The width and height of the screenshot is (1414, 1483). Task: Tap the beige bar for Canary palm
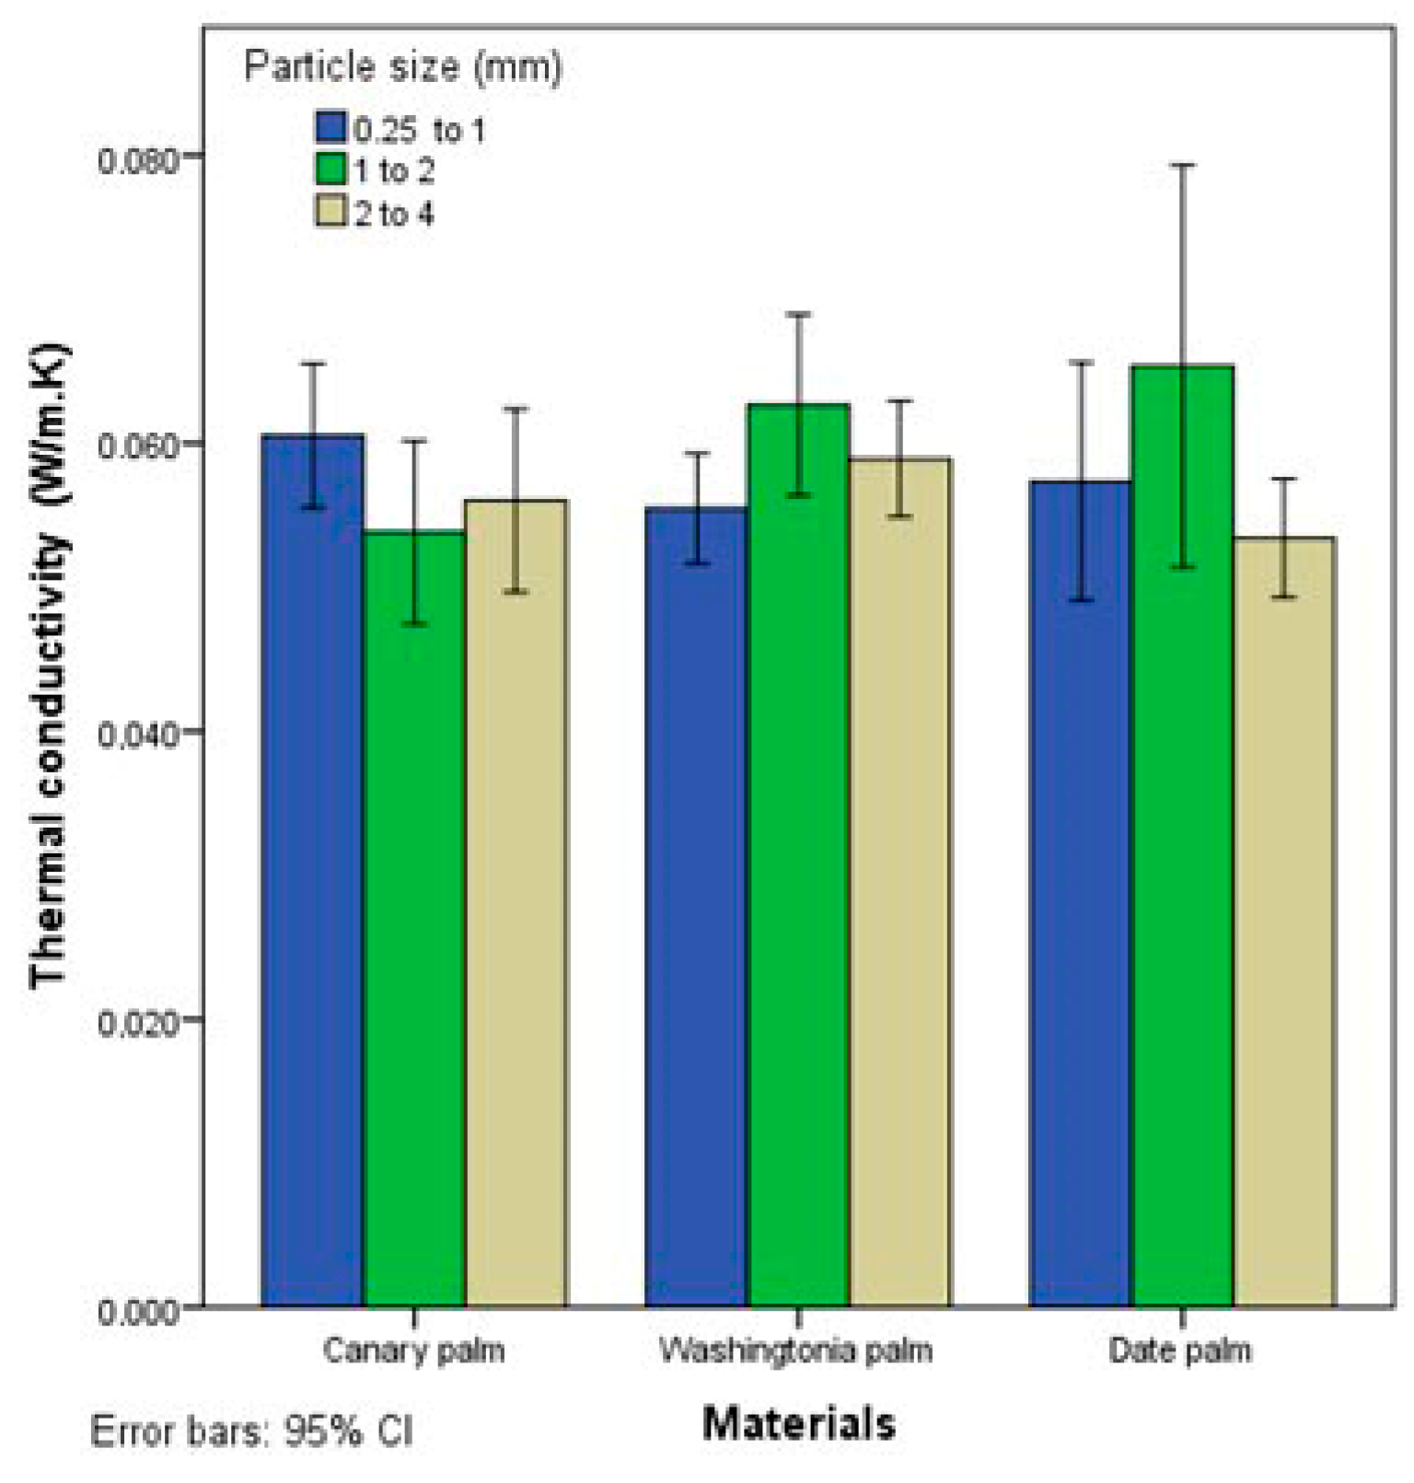click(516, 902)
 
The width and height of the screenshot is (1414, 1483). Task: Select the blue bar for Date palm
click(1080, 893)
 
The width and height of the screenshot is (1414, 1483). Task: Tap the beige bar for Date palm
click(1283, 921)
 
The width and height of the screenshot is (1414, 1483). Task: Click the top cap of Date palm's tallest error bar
click(1182, 165)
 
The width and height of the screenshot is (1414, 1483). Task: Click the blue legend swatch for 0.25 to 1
click(330, 127)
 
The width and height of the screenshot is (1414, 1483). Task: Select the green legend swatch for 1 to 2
click(330, 169)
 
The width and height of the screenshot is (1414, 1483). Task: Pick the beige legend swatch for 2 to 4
click(330, 212)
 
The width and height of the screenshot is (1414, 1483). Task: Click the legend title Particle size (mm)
click(402, 67)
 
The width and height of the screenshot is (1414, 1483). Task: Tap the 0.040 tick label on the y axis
click(136, 735)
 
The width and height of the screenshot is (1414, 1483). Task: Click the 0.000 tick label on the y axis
click(136, 1310)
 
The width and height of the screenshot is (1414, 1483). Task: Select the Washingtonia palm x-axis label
click(796, 1350)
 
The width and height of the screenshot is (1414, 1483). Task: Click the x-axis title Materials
click(798, 1423)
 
